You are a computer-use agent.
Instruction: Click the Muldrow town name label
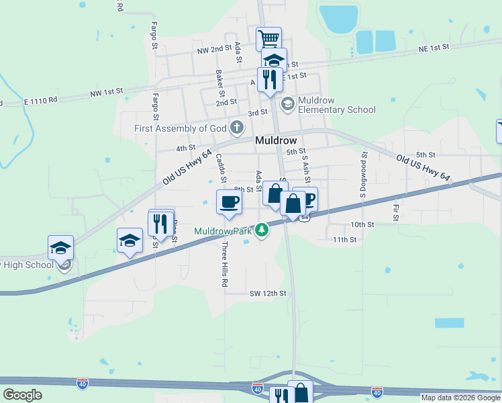point(276,141)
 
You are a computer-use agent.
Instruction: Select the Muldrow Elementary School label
point(336,105)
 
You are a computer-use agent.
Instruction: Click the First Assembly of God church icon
point(236,127)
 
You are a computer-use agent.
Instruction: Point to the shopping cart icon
point(268,38)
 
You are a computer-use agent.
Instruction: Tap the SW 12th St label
point(268,294)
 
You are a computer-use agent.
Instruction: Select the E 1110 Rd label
point(41,100)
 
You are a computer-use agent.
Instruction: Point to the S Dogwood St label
point(364,173)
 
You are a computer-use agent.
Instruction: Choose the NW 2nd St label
point(214,50)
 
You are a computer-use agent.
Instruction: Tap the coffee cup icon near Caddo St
point(229,201)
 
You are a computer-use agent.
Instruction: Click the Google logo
point(22,395)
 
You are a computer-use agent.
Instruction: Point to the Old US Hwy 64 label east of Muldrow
point(422,168)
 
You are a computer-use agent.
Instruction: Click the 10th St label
point(362,224)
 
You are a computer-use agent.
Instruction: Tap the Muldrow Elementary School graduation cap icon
point(288,103)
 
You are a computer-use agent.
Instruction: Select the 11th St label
point(344,239)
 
